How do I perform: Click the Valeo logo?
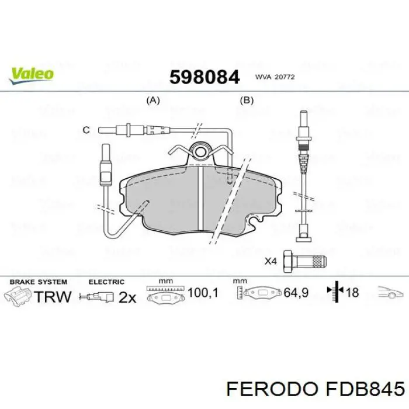click(32, 74)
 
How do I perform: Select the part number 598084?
click(204, 77)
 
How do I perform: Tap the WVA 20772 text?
click(273, 77)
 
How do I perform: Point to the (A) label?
click(152, 100)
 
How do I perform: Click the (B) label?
click(247, 100)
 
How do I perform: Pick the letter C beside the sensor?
click(85, 130)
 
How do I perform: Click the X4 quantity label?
click(271, 261)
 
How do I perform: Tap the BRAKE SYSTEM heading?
click(38, 282)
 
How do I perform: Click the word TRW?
click(53, 296)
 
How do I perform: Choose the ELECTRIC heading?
click(106, 282)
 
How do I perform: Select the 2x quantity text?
click(127, 297)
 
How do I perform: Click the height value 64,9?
click(296, 292)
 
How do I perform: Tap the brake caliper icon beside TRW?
click(18, 295)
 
